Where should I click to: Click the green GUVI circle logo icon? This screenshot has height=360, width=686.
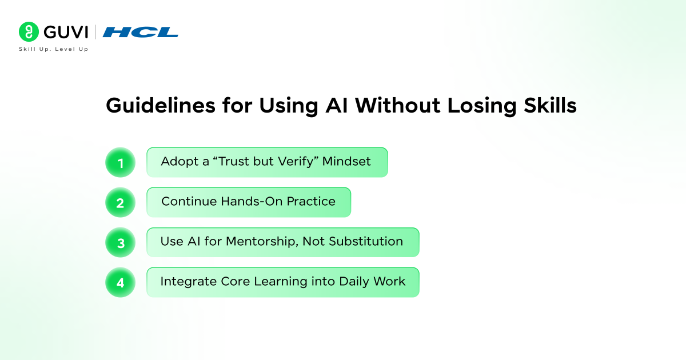tap(29, 31)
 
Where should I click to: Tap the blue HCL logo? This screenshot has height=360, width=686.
tap(140, 32)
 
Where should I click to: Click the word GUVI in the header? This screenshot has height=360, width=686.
tap(66, 32)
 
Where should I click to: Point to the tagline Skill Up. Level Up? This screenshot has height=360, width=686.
tap(54, 49)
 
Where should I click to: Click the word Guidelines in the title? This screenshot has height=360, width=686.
tap(161, 106)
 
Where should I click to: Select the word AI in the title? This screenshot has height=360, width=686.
tap(337, 106)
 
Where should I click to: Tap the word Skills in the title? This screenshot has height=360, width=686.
tap(550, 106)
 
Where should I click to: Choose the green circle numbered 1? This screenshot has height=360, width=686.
tap(121, 162)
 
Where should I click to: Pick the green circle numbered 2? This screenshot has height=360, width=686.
tap(121, 202)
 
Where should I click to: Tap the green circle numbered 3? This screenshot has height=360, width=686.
tap(121, 242)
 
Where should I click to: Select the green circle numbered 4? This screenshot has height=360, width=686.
tap(121, 282)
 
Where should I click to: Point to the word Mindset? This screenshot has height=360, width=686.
tap(346, 161)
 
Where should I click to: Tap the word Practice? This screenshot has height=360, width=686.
tap(311, 201)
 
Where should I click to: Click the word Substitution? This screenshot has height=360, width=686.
tap(366, 242)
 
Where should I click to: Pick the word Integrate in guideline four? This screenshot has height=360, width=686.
tap(189, 282)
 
